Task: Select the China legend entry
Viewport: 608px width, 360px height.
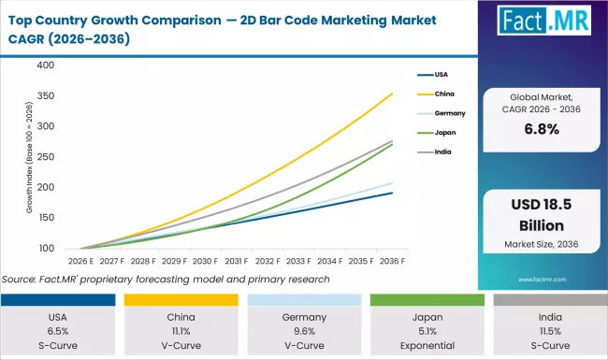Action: pyautogui.click(x=446, y=94)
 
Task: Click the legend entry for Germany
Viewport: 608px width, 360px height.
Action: pyautogui.click(x=451, y=113)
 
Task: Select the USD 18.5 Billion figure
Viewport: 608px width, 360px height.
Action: pyautogui.click(x=542, y=217)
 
